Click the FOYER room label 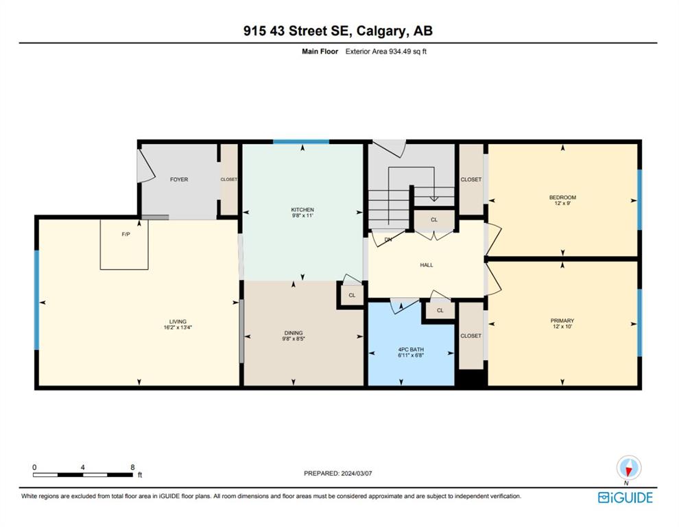[179, 179]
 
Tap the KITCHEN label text [302, 210]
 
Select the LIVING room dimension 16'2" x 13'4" [178, 327]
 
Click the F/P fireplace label [126, 235]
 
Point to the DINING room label [294, 333]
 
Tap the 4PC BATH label [411, 350]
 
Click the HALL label [427, 266]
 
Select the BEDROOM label [562, 198]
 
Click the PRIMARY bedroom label [562, 320]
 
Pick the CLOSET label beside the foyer [228, 179]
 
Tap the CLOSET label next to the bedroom [471, 179]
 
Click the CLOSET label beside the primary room [471, 336]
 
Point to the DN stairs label [388, 239]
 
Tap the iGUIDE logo [626, 497]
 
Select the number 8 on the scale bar [132, 467]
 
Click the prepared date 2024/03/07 [357, 473]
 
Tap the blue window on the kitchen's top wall [301, 142]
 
